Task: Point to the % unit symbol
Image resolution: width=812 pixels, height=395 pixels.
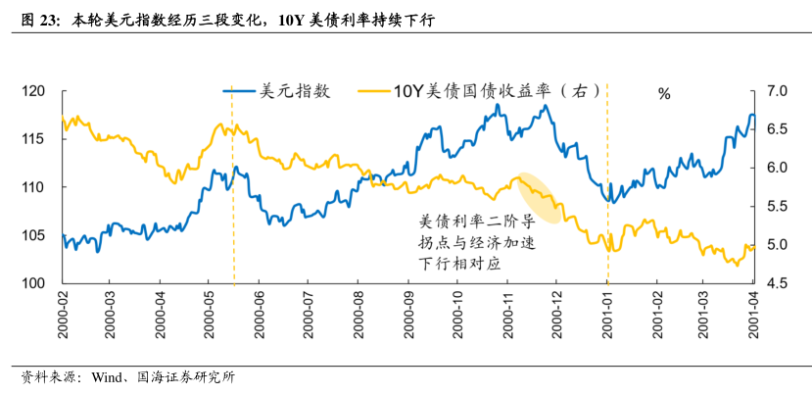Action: [x=664, y=94]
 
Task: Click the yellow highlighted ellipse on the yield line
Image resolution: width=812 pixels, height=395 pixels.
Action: [x=540, y=197]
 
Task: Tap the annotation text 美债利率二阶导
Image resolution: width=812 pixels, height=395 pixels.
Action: [x=476, y=221]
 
